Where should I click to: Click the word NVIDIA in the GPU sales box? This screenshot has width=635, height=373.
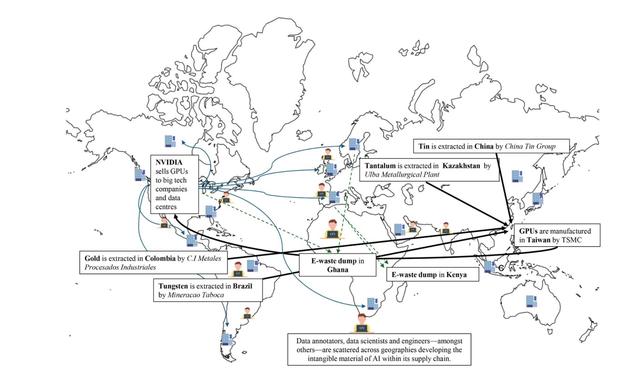coord(169,162)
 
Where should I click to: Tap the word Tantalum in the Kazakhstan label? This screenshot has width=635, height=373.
coord(380,166)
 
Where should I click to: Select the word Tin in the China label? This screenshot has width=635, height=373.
coord(424,147)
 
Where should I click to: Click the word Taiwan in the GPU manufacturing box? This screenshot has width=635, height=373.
coord(538,240)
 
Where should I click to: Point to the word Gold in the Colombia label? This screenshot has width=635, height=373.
coord(92,258)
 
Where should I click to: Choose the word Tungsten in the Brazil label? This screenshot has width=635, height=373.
coord(173,286)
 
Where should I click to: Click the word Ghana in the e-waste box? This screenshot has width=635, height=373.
coord(338,270)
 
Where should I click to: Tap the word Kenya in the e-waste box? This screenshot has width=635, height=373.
coord(456,275)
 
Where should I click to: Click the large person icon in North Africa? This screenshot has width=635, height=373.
coord(333,229)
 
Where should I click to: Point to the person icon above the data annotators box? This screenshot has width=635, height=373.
coord(361,323)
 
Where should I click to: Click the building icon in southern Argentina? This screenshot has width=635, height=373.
coord(227,339)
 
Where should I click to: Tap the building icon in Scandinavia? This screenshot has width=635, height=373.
coord(354,144)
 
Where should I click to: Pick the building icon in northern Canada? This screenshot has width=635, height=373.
coord(170,141)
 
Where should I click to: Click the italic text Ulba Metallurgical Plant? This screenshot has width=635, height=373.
coord(402,175)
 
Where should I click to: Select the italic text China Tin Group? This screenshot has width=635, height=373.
coord(530,147)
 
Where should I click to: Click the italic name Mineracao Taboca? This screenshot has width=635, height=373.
coord(196,295)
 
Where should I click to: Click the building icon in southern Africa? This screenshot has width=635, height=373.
coord(372,303)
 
